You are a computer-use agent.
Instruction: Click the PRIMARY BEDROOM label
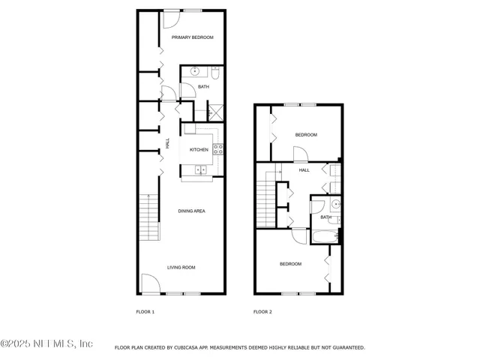click(x=192, y=37)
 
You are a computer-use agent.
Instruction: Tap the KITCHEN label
click(x=199, y=150)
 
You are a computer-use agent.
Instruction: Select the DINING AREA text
click(x=191, y=211)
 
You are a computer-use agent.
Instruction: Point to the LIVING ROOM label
click(x=181, y=268)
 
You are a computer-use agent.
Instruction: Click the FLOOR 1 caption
click(x=145, y=311)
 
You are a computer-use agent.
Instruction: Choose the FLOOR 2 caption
click(x=262, y=311)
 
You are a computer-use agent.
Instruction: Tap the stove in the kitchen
click(x=218, y=148)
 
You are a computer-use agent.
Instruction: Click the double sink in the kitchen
click(x=202, y=170)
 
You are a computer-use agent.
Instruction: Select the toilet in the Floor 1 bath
click(x=214, y=73)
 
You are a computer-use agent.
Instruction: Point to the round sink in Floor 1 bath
click(x=196, y=72)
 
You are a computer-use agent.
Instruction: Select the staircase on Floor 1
click(x=150, y=216)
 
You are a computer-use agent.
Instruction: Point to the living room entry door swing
click(x=150, y=283)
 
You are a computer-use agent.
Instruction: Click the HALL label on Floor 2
click(x=304, y=170)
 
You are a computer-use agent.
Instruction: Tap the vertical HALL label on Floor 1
click(x=167, y=143)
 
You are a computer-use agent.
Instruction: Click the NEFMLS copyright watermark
click(x=46, y=343)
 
